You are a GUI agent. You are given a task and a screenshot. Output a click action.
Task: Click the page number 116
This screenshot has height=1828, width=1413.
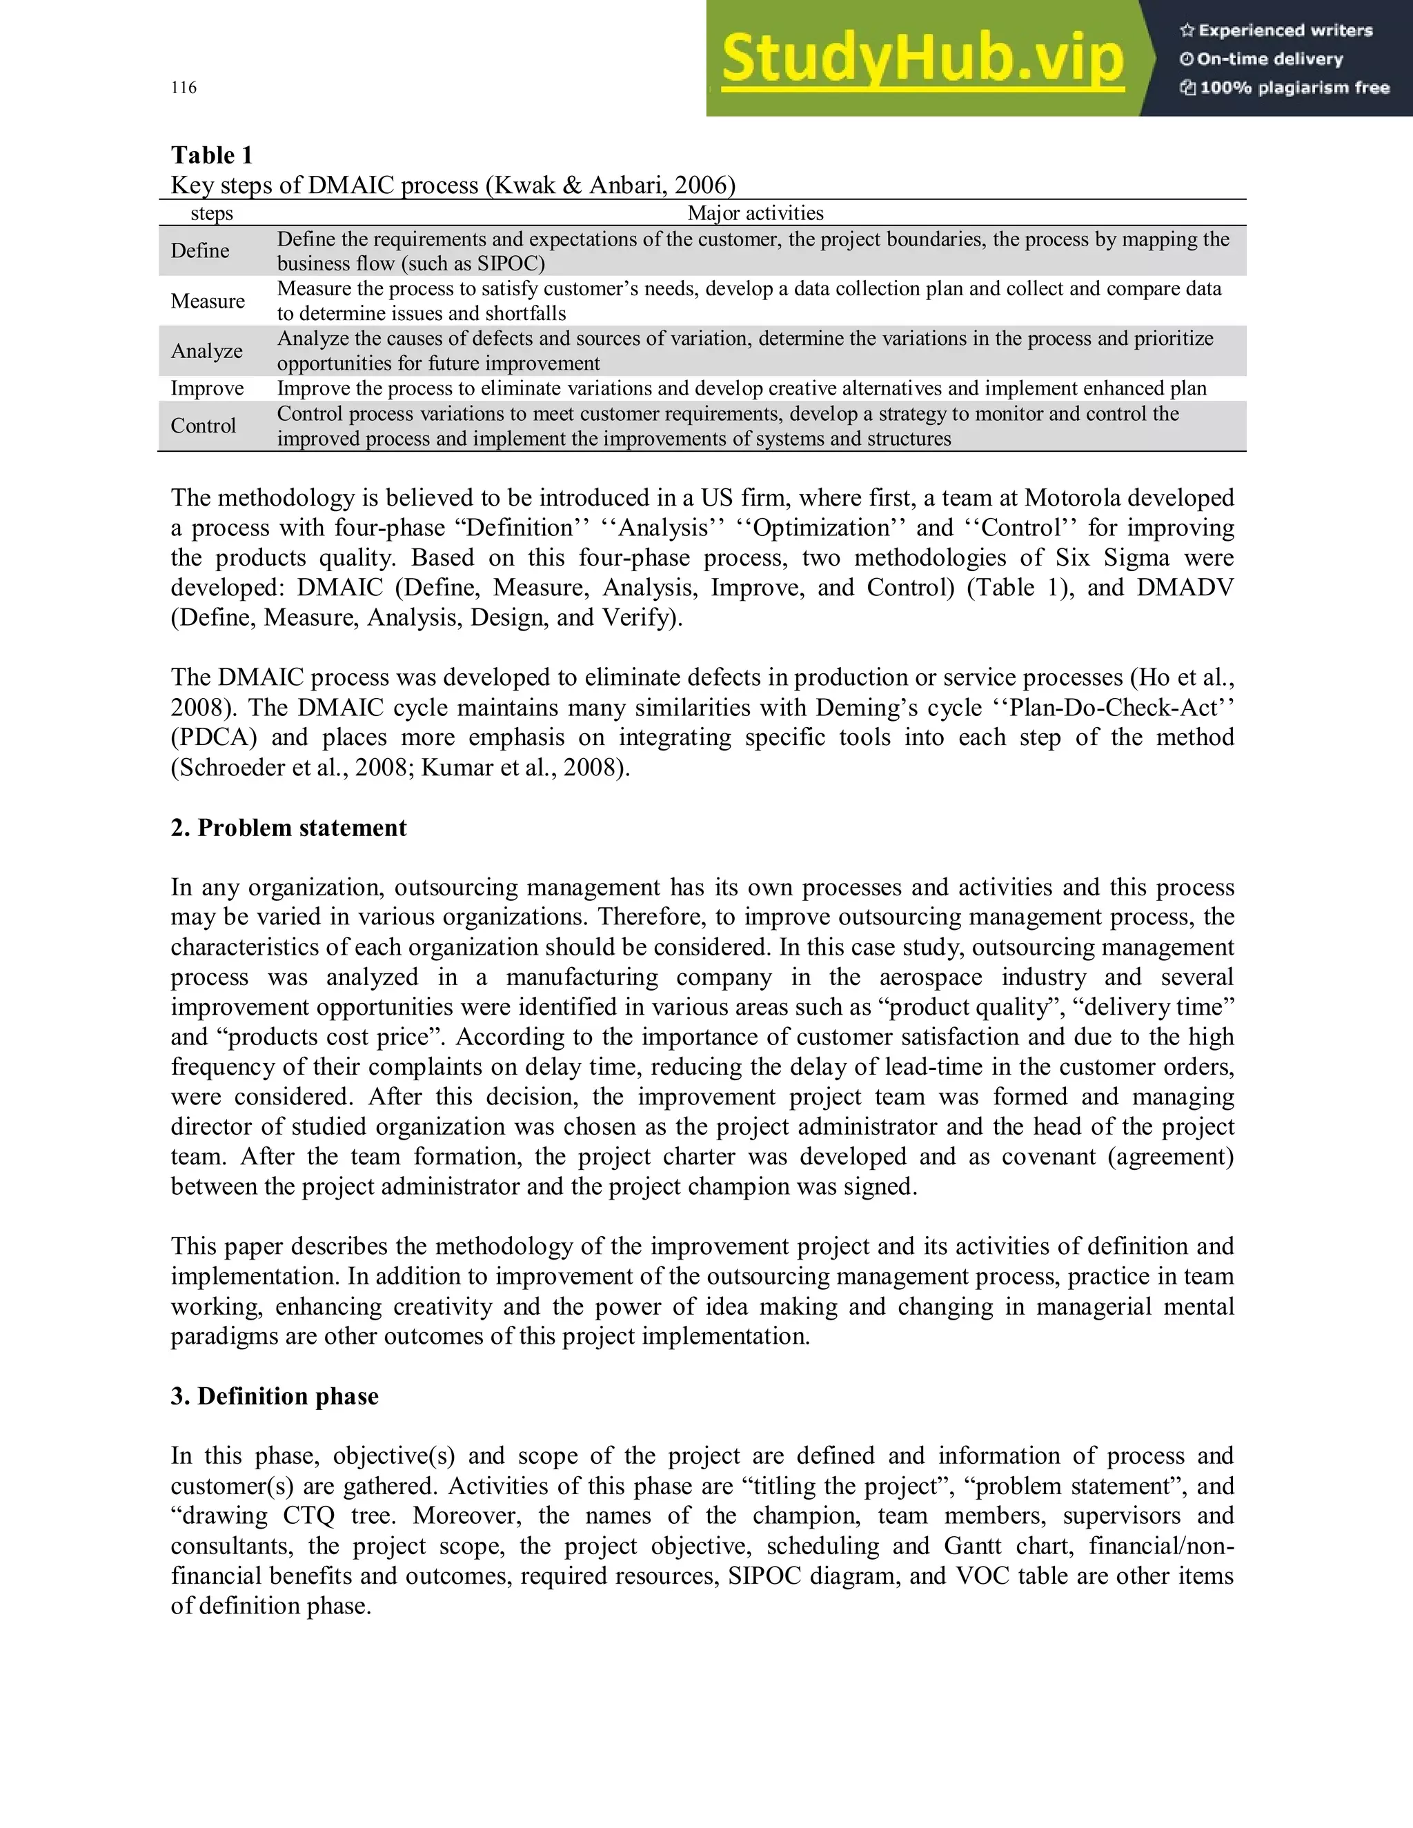[x=184, y=88]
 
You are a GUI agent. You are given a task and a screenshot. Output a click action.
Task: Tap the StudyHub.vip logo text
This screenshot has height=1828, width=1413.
[x=922, y=59]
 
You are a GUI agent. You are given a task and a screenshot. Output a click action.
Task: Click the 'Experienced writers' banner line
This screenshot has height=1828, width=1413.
[x=1276, y=31]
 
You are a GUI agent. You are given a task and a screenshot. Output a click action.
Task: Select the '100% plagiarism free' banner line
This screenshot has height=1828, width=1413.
[x=1285, y=88]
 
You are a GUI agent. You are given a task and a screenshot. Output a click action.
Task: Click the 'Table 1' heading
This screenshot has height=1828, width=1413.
[x=212, y=156]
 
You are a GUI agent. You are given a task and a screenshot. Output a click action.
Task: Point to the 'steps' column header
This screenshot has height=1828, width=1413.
[x=212, y=213]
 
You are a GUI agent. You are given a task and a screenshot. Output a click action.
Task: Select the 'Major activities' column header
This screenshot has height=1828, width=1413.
[x=755, y=213]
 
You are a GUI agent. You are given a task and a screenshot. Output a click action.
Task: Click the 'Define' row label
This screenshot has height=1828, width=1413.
[x=200, y=250]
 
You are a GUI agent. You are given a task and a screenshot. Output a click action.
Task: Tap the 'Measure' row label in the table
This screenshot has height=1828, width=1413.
[x=208, y=301]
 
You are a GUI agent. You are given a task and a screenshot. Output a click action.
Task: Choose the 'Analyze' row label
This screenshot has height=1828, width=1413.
[x=207, y=350]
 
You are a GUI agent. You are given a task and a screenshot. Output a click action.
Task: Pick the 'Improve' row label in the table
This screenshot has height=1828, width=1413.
[x=208, y=388]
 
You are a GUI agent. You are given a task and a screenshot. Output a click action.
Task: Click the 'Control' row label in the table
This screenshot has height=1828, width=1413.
[x=204, y=426]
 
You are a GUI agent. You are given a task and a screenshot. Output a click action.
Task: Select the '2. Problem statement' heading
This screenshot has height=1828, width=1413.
[x=289, y=828]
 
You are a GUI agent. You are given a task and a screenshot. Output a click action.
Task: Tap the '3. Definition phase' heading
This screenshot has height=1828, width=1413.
[x=275, y=1396]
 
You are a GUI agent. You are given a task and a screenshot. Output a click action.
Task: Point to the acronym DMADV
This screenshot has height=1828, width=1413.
[x=1185, y=588]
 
